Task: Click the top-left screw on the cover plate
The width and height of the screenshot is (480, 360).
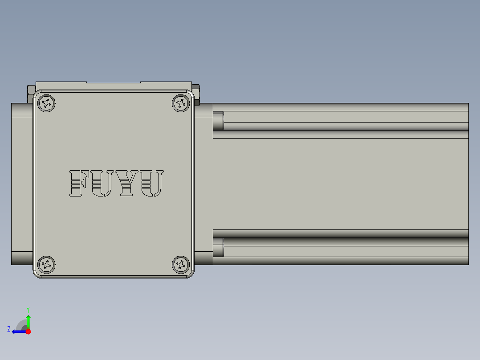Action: pyautogui.click(x=46, y=103)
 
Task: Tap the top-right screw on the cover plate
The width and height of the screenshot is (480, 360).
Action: pyautogui.click(x=181, y=103)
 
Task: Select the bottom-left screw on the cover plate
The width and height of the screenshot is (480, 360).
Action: pyautogui.click(x=46, y=265)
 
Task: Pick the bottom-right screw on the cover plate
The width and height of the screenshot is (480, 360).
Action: pyautogui.click(x=181, y=265)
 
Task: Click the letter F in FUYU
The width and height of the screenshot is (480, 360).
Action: pyautogui.click(x=79, y=183)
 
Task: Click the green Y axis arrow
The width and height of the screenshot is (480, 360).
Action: pyautogui.click(x=28, y=321)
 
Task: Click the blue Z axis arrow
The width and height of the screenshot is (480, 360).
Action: pyautogui.click(x=18, y=331)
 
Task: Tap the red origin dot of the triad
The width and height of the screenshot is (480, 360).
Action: pyautogui.click(x=28, y=331)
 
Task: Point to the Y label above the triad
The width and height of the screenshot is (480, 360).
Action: pyautogui.click(x=28, y=309)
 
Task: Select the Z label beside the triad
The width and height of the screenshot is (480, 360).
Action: pyautogui.click(x=9, y=329)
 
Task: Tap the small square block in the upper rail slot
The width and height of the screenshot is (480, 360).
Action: pyautogui.click(x=218, y=121)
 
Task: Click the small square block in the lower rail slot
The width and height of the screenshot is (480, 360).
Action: pyautogui.click(x=218, y=247)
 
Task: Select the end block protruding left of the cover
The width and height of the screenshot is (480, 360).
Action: pyautogui.click(x=22, y=184)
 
